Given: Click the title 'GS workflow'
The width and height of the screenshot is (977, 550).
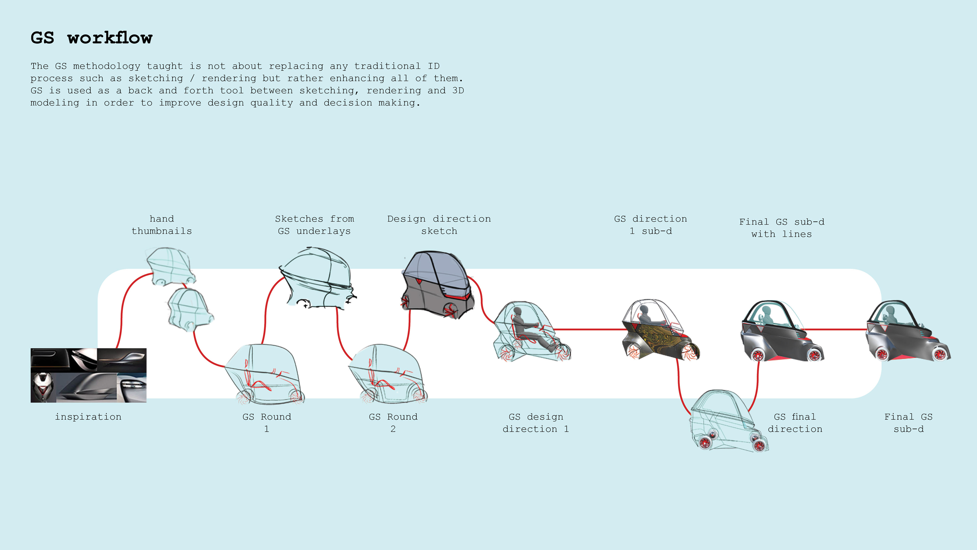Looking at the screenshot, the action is [91, 38].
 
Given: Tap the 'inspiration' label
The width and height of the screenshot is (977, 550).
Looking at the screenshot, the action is [88, 417].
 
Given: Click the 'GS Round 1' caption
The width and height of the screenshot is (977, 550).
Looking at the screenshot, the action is [267, 422].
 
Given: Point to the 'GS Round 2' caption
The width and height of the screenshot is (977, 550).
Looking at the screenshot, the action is [393, 422].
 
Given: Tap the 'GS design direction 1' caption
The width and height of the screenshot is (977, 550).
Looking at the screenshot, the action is [536, 422].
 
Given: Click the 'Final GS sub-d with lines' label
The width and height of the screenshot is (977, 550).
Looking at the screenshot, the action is [782, 228].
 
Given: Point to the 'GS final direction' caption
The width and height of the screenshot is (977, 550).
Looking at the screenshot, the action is [795, 422].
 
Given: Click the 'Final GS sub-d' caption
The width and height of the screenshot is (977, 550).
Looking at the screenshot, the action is [908, 422].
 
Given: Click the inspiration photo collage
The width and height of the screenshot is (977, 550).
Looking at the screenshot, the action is [88, 375].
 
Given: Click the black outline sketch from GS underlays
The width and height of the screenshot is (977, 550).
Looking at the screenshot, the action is [317, 277].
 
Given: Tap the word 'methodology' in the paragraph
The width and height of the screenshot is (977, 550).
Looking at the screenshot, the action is [107, 66].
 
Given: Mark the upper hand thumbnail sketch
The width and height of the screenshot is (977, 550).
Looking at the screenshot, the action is [171, 266].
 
